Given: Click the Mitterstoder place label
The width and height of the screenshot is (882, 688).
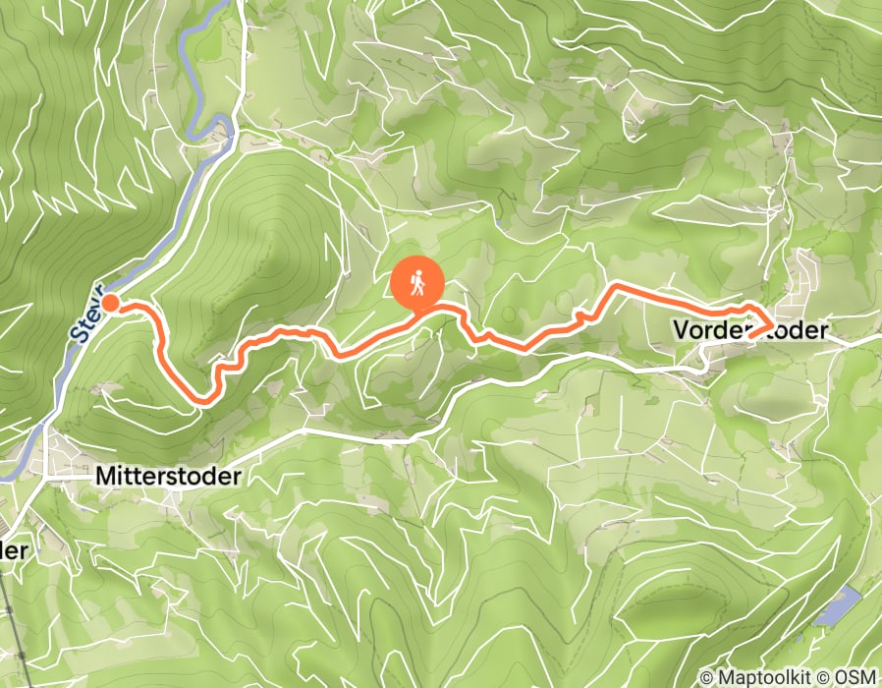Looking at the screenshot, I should (x=168, y=476).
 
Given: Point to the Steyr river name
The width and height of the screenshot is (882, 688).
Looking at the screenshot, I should (x=87, y=314).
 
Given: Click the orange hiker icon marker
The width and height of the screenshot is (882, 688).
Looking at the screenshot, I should (x=417, y=284).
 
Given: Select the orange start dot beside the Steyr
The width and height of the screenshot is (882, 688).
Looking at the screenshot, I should (x=111, y=303).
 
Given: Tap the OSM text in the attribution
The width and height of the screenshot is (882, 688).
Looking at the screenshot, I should (x=856, y=677).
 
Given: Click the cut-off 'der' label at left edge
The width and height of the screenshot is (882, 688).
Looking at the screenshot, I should (x=12, y=551).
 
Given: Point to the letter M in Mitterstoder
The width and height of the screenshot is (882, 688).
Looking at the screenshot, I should (x=105, y=476).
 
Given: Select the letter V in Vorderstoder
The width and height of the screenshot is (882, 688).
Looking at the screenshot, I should (x=681, y=330).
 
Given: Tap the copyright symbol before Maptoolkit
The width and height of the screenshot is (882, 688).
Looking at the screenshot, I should (x=707, y=677).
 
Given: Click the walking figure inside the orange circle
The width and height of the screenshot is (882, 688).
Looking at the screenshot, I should (x=417, y=283).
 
